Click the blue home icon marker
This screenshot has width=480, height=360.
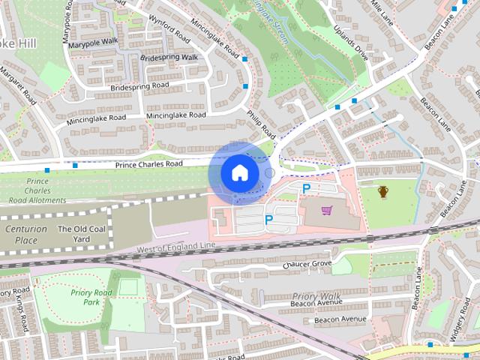(x=238, y=173)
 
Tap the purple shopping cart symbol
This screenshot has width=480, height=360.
(x=326, y=211)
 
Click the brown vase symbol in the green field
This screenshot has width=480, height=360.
(x=383, y=193)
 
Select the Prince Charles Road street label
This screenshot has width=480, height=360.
(x=148, y=163)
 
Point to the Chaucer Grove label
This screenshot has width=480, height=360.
(x=307, y=264)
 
